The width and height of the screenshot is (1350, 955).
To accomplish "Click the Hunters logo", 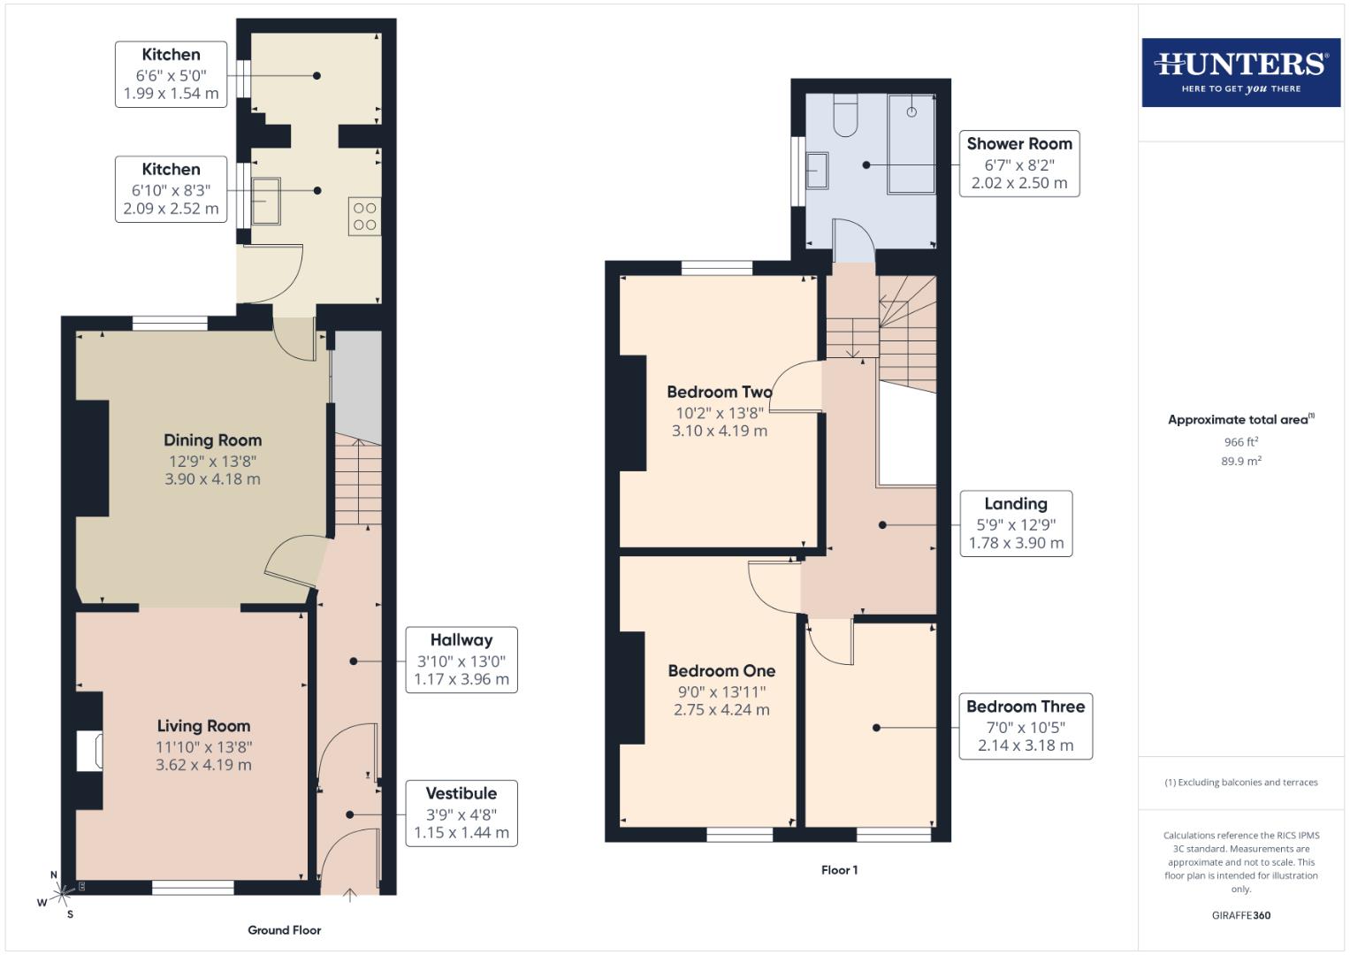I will point(1240,73).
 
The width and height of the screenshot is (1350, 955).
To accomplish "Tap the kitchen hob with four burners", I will point(365,217).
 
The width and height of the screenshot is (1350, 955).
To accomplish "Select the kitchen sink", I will point(265,201).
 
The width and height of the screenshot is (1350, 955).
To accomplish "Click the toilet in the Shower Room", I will point(845,115).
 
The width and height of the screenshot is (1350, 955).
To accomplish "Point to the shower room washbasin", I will point(817,171).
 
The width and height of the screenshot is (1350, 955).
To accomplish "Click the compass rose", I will point(61,894).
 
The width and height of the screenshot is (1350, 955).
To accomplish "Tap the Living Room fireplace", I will point(90,752).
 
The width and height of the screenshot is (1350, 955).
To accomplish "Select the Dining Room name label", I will point(212,440).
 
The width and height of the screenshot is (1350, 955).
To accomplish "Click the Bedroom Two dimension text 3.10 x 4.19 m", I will point(719,432).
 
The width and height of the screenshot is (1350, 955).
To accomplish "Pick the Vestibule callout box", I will point(461,814).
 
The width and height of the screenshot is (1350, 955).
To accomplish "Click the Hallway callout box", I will point(461,660).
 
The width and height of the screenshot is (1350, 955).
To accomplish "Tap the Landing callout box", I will point(1016,523).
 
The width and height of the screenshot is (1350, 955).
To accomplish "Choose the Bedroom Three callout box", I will point(1026,726).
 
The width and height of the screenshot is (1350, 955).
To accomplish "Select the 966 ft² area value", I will point(1240,442).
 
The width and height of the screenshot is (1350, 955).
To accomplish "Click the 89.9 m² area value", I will point(1240,461).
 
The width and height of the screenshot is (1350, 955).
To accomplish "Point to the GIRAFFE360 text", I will point(1240,915).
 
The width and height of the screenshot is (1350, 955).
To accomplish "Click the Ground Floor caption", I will point(284,930).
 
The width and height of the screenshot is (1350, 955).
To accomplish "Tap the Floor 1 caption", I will point(839,870).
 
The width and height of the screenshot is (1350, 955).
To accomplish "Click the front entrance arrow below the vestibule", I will point(349,895).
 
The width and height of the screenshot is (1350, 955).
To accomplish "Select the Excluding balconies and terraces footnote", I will point(1240,783).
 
